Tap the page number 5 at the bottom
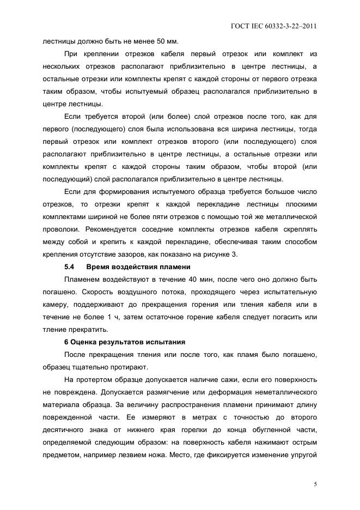[315, 484]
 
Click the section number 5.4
[69, 267]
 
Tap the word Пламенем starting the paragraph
[83, 279]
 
